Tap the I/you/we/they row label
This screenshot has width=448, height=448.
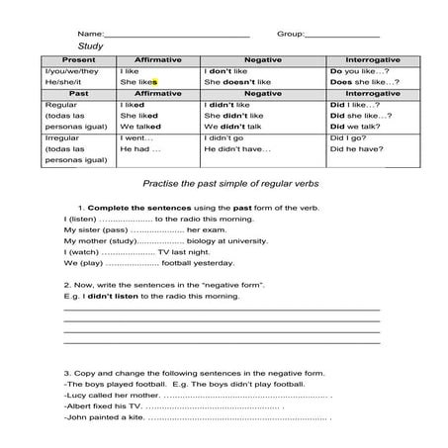pos(72,72)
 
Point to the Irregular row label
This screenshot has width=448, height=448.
pos(64,137)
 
